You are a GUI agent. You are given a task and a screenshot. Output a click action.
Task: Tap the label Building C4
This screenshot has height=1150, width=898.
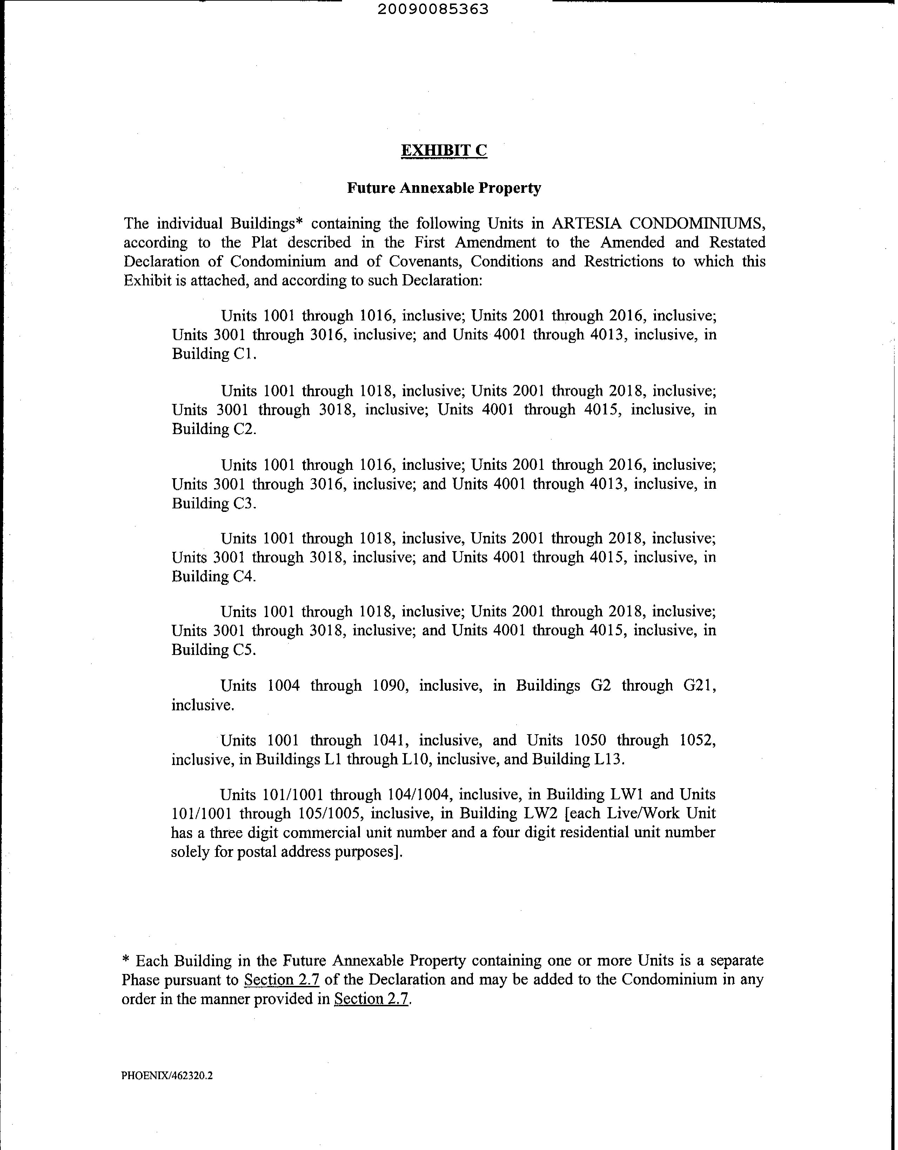pos(213,577)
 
